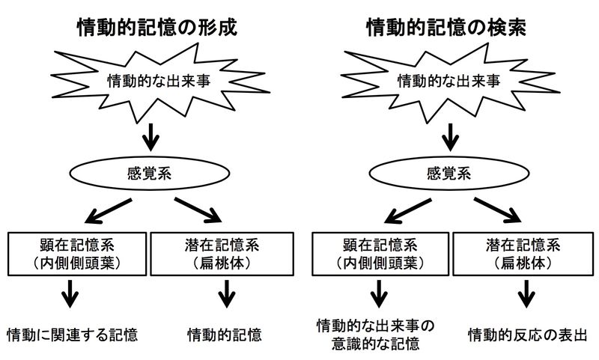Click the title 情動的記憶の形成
[x=157, y=29]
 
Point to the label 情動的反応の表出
[x=526, y=334]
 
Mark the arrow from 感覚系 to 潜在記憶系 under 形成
[x=199, y=210]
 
